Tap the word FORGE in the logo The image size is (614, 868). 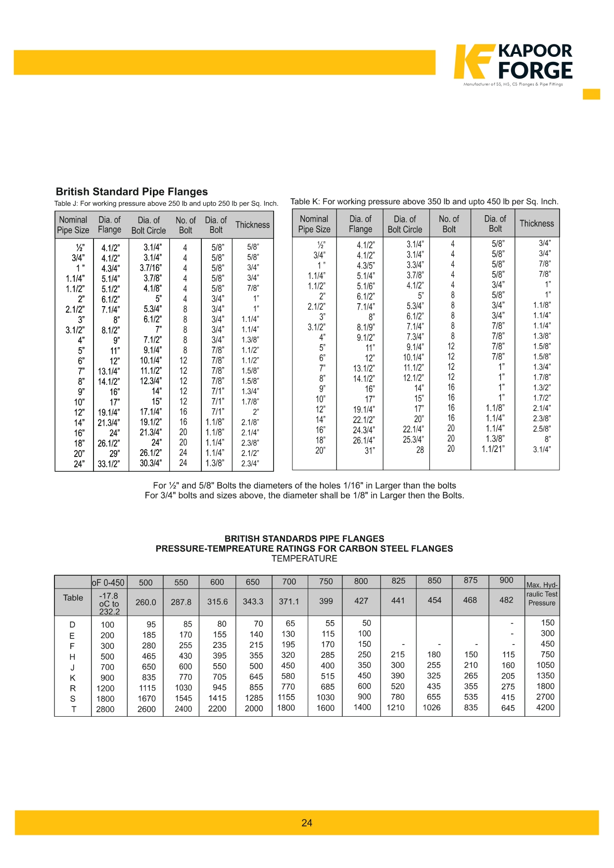tap(535, 71)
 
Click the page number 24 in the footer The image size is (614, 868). tap(307, 823)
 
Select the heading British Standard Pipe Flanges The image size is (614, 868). tap(132, 192)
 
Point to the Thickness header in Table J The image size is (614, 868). tap(252, 225)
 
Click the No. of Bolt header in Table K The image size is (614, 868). tap(449, 224)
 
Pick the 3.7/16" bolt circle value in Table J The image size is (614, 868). tap(150, 268)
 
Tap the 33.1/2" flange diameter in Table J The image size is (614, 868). tap(109, 464)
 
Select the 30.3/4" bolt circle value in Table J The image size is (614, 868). tap(150, 463)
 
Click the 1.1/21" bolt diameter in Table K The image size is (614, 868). tap(493, 449)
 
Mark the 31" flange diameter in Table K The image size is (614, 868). tap(370, 451)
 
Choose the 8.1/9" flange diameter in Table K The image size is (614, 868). tap(366, 327)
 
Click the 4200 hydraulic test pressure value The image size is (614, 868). tap(545, 707)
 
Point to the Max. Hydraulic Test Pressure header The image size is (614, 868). tap(542, 594)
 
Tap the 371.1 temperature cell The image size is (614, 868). tap(289, 601)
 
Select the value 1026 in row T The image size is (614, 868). tap(431, 708)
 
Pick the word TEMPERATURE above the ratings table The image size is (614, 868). tap(304, 559)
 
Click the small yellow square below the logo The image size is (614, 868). tap(591, 94)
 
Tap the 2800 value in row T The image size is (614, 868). tap(105, 709)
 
